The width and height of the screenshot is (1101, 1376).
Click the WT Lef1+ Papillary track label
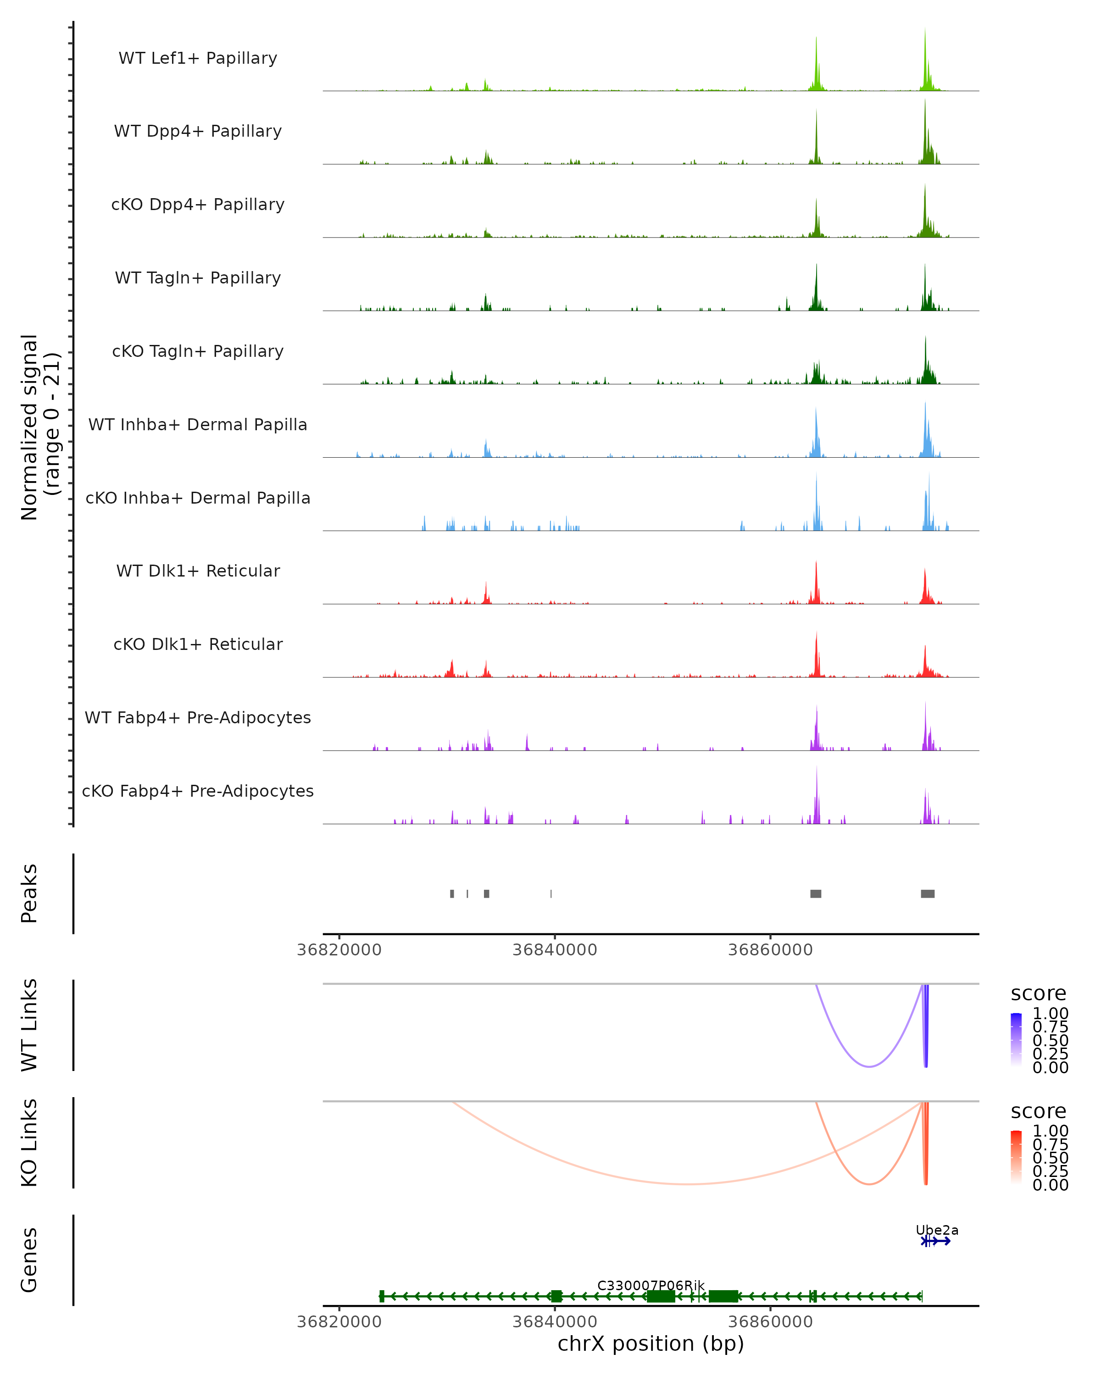198,58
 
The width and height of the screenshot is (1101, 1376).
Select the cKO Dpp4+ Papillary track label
198,205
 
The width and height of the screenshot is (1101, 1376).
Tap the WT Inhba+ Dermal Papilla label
198,425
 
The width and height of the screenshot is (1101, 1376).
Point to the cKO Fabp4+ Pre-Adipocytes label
198,791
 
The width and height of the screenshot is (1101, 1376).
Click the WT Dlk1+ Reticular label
198,571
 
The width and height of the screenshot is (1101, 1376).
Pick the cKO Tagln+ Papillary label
198,352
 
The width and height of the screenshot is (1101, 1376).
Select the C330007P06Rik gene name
651,1285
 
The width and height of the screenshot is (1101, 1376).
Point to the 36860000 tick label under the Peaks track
770,950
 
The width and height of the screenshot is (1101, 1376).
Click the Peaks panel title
29,893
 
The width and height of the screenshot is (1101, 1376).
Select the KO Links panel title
29,1143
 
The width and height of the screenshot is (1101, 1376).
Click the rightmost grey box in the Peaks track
928,893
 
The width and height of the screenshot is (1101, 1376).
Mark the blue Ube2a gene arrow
937,1241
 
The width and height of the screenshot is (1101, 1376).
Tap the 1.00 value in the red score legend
1050,1131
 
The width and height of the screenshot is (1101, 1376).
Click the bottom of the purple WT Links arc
869,1066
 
